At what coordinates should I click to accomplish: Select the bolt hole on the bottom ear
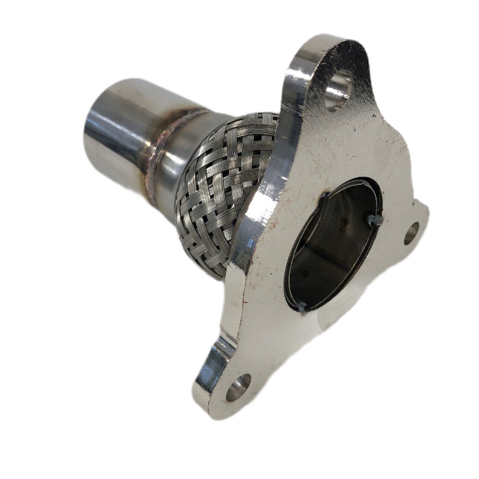[238, 388]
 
